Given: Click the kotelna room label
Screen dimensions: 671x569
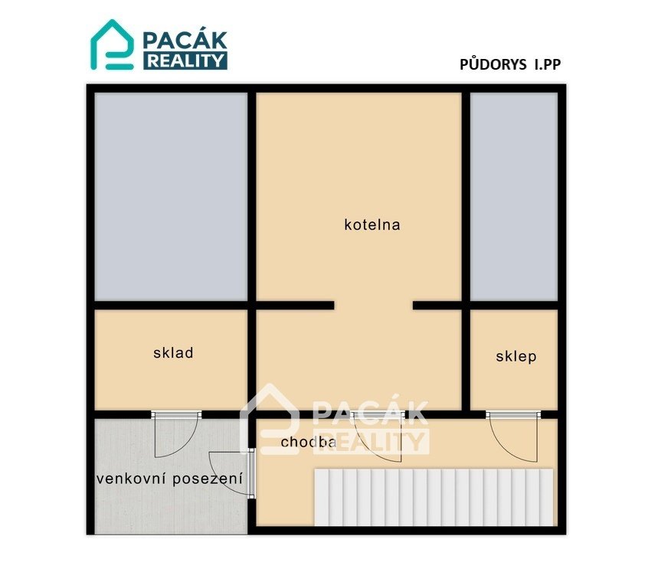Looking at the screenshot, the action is (372, 224).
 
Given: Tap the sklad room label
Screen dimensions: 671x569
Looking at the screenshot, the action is (173, 352).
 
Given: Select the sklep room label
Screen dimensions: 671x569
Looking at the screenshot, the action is (516, 356).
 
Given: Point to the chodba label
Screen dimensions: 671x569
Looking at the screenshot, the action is (309, 442).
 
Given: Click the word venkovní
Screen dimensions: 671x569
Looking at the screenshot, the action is (132, 479).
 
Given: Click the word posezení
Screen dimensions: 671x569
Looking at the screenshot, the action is (208, 479).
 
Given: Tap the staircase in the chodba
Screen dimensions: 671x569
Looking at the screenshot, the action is (434, 497).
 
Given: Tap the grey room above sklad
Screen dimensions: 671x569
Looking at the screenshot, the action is (171, 197).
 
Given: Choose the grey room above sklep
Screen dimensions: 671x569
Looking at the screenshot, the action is (514, 197).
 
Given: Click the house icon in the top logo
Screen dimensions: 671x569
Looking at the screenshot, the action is (112, 44).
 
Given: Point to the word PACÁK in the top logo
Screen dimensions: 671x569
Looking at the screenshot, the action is (185, 41).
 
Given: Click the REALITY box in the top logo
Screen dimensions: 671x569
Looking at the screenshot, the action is (185, 60).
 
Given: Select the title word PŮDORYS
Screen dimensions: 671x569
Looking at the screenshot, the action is (493, 64).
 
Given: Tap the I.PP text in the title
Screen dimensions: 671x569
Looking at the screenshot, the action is (547, 64).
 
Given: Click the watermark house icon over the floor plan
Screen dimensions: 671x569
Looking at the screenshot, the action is (269, 418).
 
